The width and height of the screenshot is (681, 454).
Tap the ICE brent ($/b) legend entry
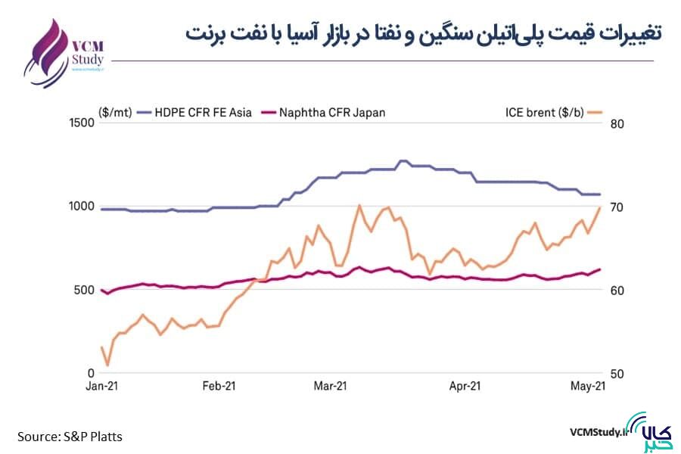pos(543,113)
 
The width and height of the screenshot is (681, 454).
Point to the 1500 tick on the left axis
pos(81,123)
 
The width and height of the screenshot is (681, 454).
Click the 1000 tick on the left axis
pos(81,207)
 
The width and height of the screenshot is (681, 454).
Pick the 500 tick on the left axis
pos(84,290)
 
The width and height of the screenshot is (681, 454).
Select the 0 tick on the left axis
pos(91,374)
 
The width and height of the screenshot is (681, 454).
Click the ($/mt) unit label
pos(115,113)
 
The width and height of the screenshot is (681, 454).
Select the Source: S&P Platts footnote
pos(70,437)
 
